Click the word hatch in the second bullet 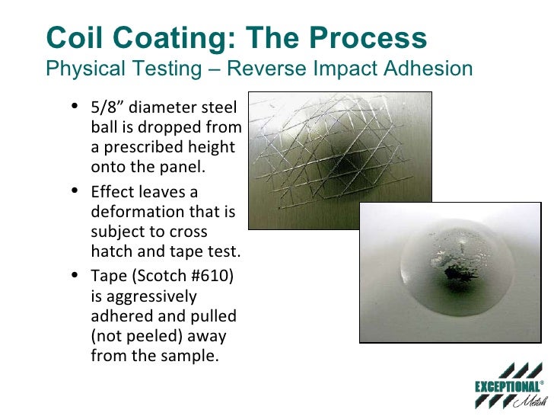(x=110, y=251)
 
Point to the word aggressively (x=144, y=296)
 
